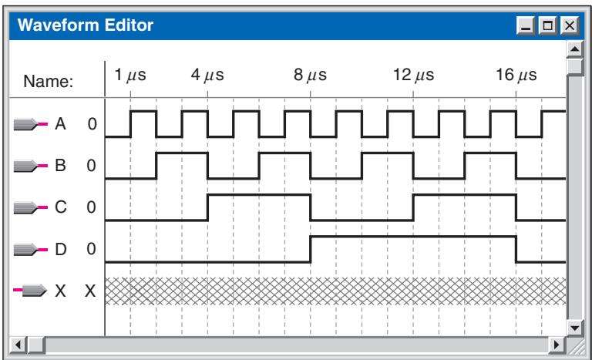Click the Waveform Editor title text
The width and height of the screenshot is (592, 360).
click(x=86, y=25)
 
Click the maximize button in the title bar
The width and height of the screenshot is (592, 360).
click(x=548, y=25)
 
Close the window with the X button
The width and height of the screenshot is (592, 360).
click(x=570, y=25)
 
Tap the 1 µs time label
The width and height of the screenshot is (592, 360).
click(x=129, y=76)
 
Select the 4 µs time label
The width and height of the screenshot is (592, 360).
click(x=207, y=76)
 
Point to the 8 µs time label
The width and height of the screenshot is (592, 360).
click(x=310, y=76)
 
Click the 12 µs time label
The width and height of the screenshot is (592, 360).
click(x=413, y=76)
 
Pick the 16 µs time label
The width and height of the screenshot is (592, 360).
click(x=516, y=76)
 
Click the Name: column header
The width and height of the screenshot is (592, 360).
click(x=49, y=81)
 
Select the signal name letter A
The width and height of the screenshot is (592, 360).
click(x=60, y=124)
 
